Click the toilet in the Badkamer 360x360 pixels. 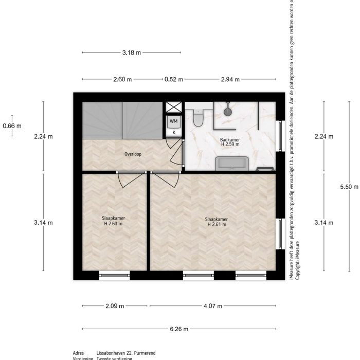pos(199,118)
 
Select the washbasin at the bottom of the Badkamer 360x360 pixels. pos(231,164)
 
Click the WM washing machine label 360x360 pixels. pos(174,121)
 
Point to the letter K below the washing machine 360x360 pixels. pos(174,132)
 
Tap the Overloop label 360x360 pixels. pos(133,154)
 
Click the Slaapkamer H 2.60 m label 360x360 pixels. pos(114,221)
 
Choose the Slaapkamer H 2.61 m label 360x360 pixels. pos(218,221)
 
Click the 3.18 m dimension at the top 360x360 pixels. pos(131,52)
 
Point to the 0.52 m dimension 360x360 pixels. pos(173,79)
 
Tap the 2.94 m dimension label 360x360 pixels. pos(230,79)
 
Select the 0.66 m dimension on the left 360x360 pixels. pos(12,125)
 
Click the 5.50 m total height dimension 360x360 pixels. pos(349,187)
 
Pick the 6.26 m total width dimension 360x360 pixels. pos(178,329)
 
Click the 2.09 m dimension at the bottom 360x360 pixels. pos(115,306)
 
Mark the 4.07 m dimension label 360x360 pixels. pos(212,306)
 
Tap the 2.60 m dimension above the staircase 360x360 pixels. pos(122,79)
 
